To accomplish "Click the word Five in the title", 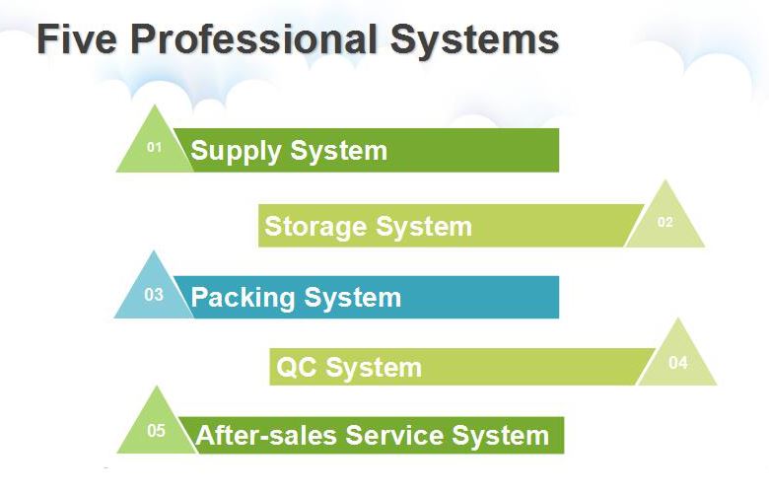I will [77, 39].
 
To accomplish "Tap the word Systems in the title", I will [474, 39].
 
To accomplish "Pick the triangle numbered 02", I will [665, 221].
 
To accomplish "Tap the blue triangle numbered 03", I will [153, 293].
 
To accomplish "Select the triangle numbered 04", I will [677, 361].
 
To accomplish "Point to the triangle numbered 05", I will [156, 429].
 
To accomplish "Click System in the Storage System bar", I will [423, 227].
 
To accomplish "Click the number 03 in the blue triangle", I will [153, 295].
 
